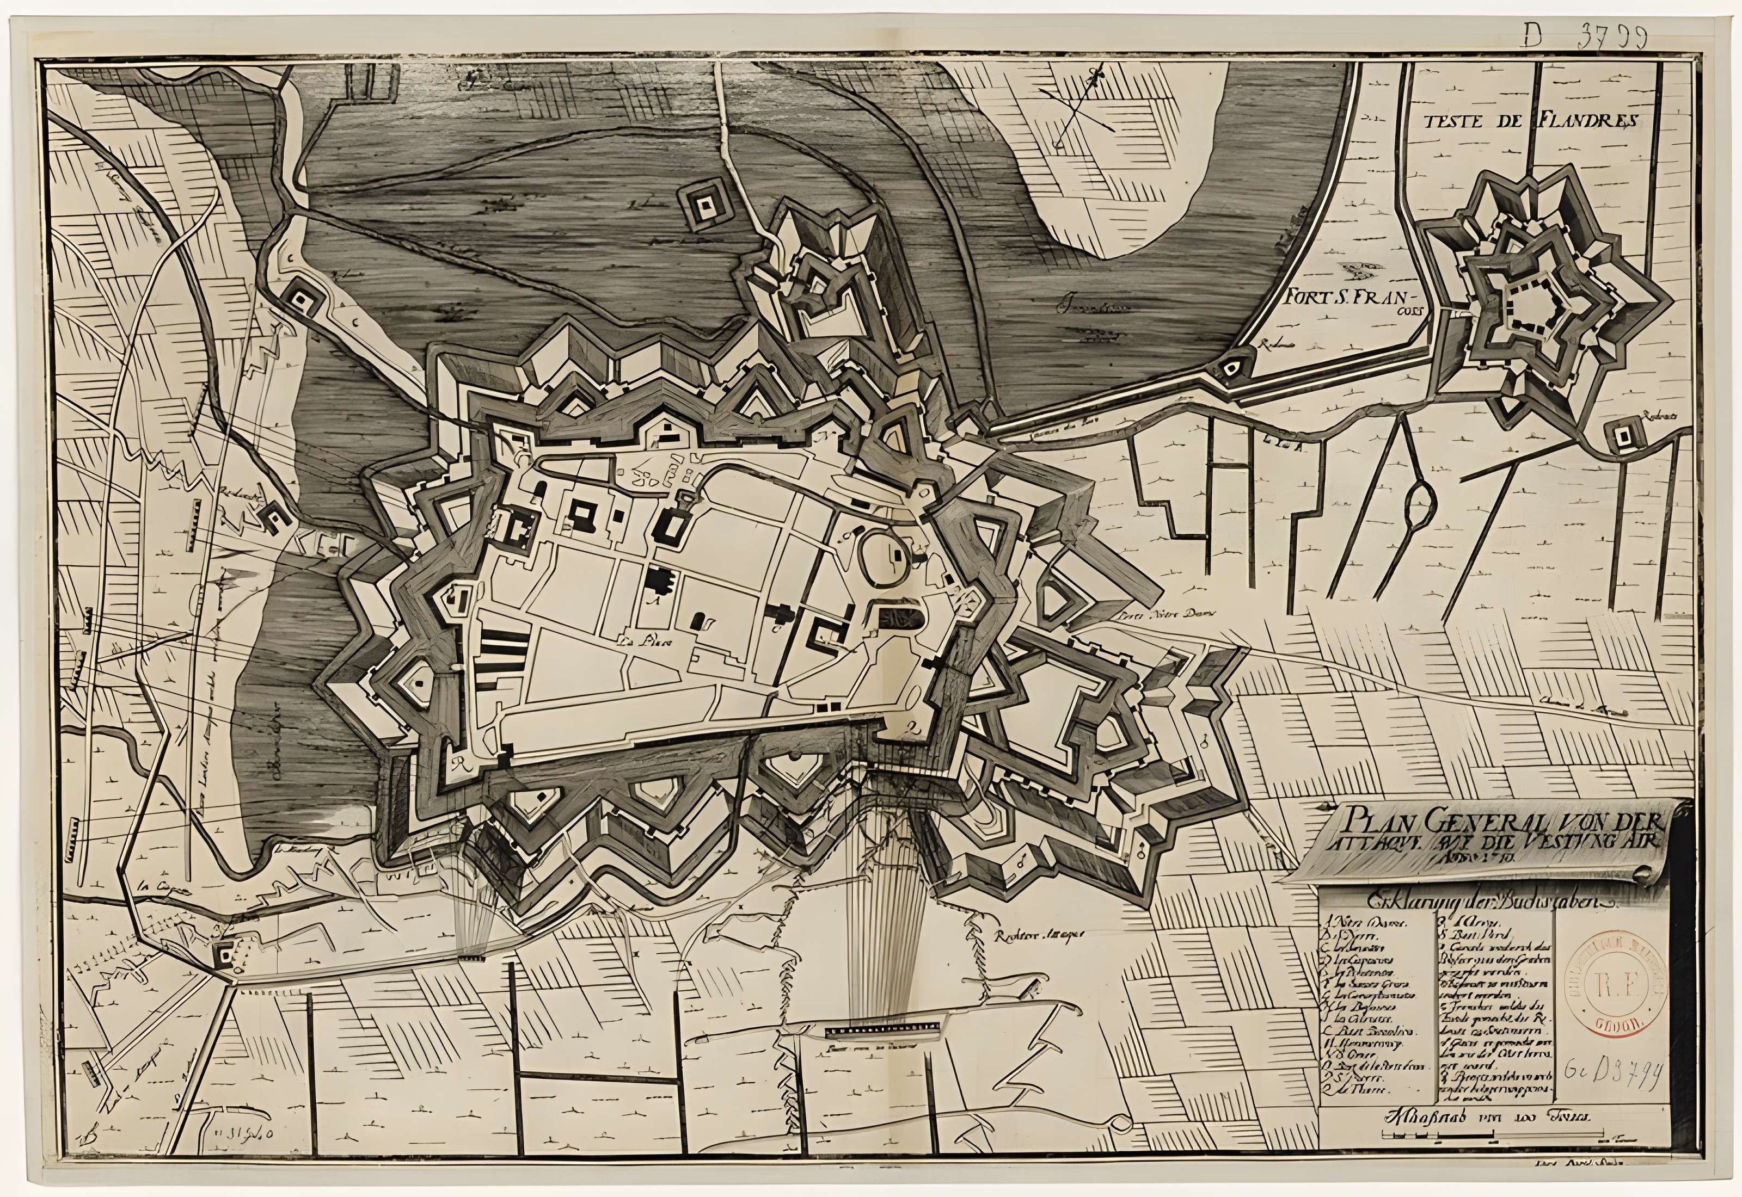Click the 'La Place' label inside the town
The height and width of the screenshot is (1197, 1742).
pyautogui.click(x=643, y=642)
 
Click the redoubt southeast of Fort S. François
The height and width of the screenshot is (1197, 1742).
pyautogui.click(x=1621, y=434)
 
